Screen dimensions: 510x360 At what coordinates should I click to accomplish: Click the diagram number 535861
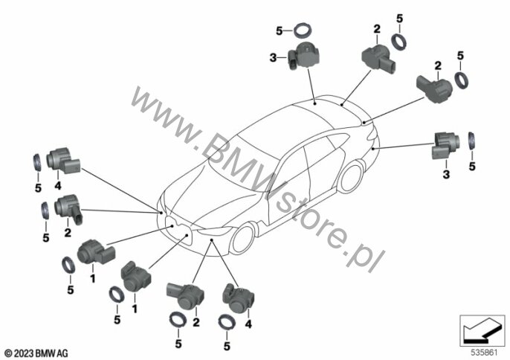484,353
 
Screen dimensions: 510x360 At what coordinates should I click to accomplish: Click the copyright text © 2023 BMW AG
36,353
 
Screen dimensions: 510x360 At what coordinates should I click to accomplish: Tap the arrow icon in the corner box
482,331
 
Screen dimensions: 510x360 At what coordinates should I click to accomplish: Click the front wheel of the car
242,239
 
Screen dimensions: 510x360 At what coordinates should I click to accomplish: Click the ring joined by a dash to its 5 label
303,31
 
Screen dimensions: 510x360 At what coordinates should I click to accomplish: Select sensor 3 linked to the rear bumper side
445,146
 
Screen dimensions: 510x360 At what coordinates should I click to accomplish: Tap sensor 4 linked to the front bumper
239,298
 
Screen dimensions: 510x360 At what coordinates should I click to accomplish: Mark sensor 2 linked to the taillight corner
434,86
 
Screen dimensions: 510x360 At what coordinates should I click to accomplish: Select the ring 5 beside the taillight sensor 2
462,80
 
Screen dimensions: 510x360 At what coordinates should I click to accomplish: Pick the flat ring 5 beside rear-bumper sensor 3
472,141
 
